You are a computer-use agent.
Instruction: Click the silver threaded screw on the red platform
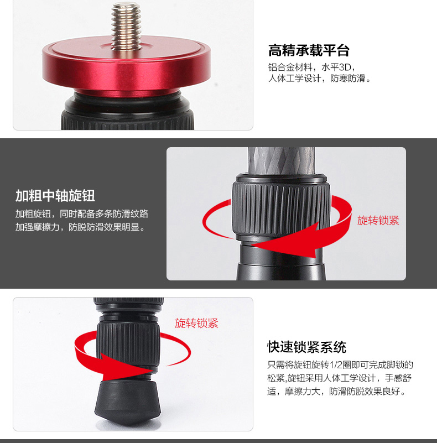point(126,26)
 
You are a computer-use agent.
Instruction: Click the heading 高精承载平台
point(309,50)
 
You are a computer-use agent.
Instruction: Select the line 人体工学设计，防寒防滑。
point(319,79)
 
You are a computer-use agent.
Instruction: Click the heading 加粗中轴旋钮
point(55,196)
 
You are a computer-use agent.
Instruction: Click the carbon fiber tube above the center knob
point(281,160)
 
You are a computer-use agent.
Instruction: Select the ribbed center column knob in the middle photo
point(281,208)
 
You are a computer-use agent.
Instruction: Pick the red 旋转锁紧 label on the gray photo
point(378,220)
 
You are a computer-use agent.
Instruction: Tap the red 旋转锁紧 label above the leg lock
point(196,323)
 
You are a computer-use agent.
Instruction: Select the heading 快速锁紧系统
point(306,347)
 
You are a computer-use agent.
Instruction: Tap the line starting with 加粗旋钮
point(82,214)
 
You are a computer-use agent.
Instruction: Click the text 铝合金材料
point(290,67)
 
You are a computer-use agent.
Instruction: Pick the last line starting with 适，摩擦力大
point(337,392)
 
